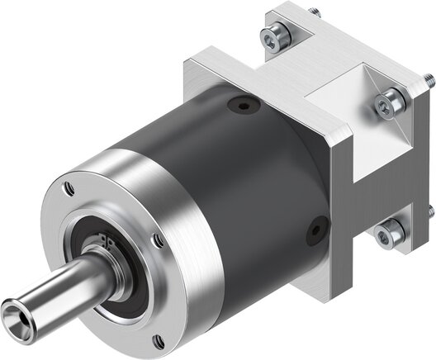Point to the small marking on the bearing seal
click(106, 240)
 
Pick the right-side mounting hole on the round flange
click(157, 240)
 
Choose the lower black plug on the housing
click(317, 230)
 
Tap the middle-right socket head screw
click(389, 101)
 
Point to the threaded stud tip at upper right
click(429, 80)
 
